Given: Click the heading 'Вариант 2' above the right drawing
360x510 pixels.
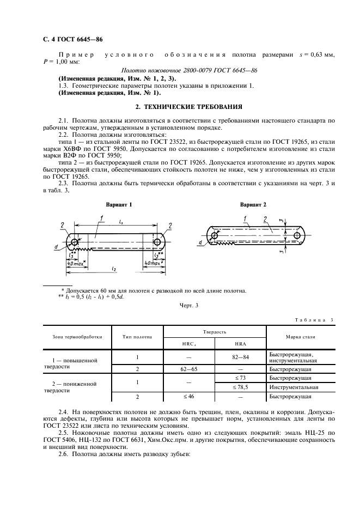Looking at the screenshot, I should (x=253, y=205).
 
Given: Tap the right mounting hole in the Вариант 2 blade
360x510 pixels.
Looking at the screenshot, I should (x=297, y=235).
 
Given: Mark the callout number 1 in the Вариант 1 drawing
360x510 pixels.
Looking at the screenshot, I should (x=102, y=218).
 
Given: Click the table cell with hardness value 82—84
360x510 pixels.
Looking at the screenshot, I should (x=240, y=357).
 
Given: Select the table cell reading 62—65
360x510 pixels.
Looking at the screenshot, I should (x=188, y=368).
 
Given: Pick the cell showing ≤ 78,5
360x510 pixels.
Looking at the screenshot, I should (x=240, y=387).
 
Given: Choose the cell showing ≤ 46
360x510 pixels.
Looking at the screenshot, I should (x=188, y=397).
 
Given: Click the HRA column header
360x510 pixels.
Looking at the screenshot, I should (x=240, y=343).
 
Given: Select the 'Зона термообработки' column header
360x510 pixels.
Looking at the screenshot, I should (x=77, y=337).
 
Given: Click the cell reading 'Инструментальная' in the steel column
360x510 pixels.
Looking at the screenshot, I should (x=294, y=387).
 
